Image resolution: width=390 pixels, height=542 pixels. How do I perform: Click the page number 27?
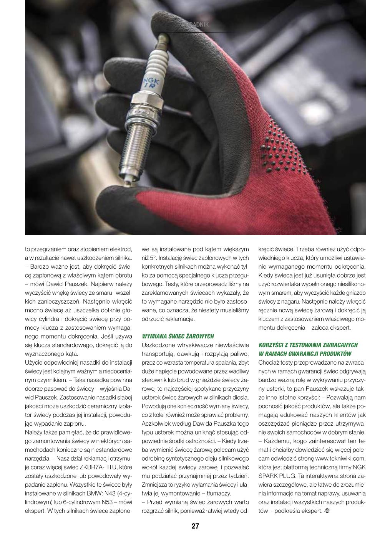tap(195, 526)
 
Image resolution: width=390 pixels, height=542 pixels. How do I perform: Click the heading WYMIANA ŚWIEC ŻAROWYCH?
tap(178, 336)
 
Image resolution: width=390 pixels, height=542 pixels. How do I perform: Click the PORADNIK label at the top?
tap(197, 25)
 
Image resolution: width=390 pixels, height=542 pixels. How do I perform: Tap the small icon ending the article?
tap(327, 511)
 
